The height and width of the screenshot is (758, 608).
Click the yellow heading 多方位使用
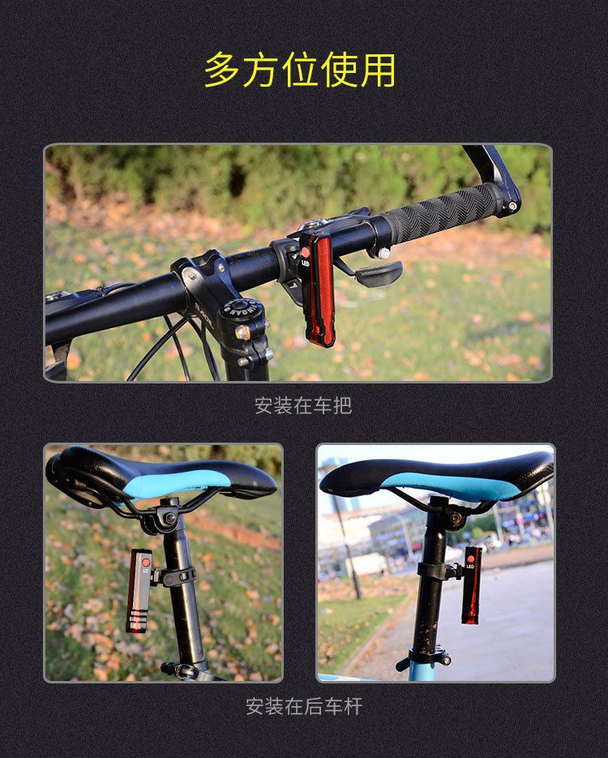pyautogui.click(x=300, y=70)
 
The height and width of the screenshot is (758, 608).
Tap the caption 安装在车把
pyautogui.click(x=303, y=405)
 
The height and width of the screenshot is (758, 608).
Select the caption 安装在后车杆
pyautogui.click(x=304, y=706)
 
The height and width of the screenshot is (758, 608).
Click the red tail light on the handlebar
pyautogui.click(x=317, y=289)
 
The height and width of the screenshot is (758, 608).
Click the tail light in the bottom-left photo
pyautogui.click(x=139, y=591)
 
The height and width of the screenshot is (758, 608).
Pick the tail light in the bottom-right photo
pyautogui.click(x=471, y=585)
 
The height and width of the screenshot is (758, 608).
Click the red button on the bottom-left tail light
pyautogui.click(x=145, y=563)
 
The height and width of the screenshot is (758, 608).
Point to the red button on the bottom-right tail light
pyautogui.click(x=471, y=559)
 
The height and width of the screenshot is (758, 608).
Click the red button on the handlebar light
pyautogui.click(x=305, y=252)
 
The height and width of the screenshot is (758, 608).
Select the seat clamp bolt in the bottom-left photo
pyautogui.click(x=170, y=519)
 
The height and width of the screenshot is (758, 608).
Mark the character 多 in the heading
pyautogui.click(x=221, y=70)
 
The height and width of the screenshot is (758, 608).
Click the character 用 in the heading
pyautogui.click(x=378, y=70)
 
